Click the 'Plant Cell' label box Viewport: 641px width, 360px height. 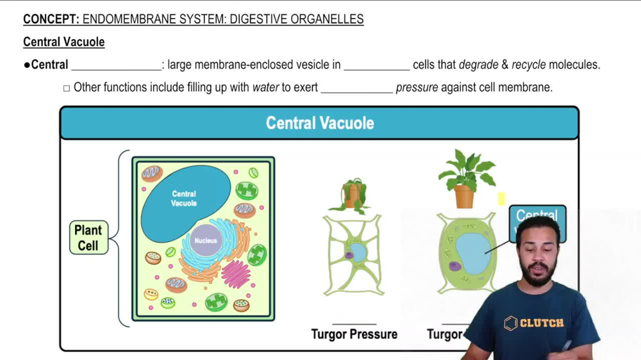pos(88,238)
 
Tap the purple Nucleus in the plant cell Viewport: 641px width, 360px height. pos(206,241)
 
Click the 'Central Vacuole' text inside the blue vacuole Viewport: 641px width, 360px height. pos(184,198)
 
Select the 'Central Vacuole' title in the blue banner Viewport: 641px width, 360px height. pos(320,123)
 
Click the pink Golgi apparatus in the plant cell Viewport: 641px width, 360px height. pos(235,274)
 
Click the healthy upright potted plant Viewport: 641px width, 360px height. pos(465,179)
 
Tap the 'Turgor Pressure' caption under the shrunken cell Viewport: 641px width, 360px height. pos(354,334)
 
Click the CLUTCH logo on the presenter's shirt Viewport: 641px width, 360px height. pos(534,323)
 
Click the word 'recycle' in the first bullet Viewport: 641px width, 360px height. pos(529,65)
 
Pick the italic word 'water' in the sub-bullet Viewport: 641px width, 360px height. pos(265,87)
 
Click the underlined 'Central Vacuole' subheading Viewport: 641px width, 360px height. pos(63,42)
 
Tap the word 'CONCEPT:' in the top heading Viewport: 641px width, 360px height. pos(51,19)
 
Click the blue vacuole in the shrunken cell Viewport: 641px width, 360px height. pos(358,252)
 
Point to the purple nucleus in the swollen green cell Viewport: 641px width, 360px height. pos(454,266)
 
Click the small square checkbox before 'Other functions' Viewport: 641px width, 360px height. pos(67,88)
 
